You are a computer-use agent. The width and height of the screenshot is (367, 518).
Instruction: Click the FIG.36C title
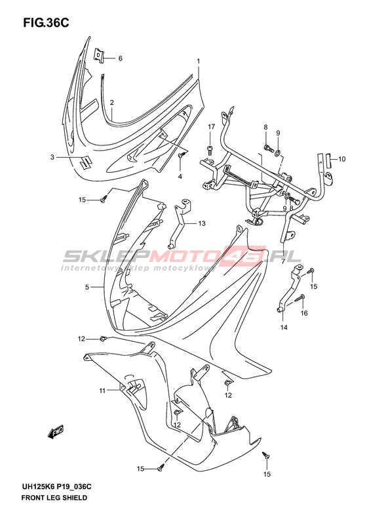point(46,22)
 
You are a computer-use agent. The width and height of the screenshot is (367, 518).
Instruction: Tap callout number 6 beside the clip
point(121,58)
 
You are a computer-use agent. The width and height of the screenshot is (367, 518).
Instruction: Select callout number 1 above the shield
point(199,61)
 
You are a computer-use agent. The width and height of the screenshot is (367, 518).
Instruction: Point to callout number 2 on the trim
point(112,102)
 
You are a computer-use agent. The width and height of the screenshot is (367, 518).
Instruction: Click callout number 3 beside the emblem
point(52,157)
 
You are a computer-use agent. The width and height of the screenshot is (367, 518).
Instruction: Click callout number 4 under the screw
point(180,177)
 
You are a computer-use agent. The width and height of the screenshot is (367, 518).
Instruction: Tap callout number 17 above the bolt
point(211,127)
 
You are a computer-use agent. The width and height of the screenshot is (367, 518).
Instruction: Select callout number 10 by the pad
point(341,159)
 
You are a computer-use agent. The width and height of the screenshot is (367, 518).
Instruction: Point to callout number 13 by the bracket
point(202,224)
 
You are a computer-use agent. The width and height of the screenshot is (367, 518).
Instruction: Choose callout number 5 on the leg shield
point(87,287)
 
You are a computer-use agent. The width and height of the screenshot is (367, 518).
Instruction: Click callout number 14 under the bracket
point(284,327)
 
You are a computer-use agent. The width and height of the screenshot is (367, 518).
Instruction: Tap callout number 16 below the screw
point(304,313)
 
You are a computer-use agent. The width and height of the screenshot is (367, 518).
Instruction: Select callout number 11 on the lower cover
point(102,391)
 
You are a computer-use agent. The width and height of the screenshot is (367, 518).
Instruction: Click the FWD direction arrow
point(56,432)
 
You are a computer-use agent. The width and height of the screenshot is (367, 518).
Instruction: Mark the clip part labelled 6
point(98,55)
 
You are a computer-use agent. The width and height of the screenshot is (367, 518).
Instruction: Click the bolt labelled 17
point(210,151)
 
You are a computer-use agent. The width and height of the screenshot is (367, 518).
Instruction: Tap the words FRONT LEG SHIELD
point(54,498)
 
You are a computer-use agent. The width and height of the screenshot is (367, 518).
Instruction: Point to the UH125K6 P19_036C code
point(56,487)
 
